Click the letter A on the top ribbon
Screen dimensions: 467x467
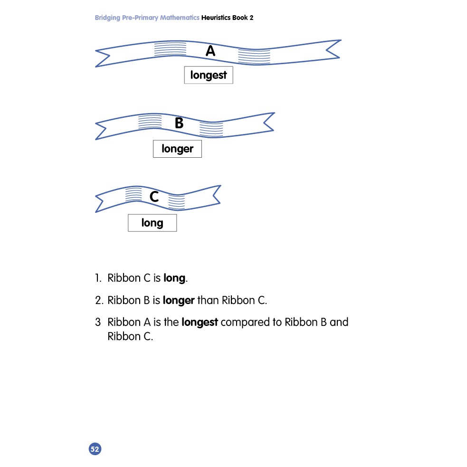click(210, 51)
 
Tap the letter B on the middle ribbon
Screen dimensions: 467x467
click(179, 123)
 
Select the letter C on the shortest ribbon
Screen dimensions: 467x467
click(154, 197)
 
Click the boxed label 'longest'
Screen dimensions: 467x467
click(209, 75)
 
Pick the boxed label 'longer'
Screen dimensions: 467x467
click(177, 149)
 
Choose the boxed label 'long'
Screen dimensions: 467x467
click(152, 223)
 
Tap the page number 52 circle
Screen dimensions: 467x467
click(95, 449)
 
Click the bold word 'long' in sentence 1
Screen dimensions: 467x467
click(174, 278)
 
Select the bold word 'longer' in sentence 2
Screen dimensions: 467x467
click(179, 301)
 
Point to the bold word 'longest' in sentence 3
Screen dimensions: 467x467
click(200, 323)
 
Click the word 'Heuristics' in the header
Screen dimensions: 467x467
click(216, 18)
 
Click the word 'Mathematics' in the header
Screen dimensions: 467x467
click(180, 18)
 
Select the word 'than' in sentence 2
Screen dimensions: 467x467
click(208, 300)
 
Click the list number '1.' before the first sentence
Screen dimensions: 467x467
click(98, 278)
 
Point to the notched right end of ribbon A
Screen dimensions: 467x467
click(333, 49)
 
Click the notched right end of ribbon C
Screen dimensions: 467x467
click(217, 195)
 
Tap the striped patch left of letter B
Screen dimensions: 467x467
click(150, 121)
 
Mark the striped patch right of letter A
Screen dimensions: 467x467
click(254, 56)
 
